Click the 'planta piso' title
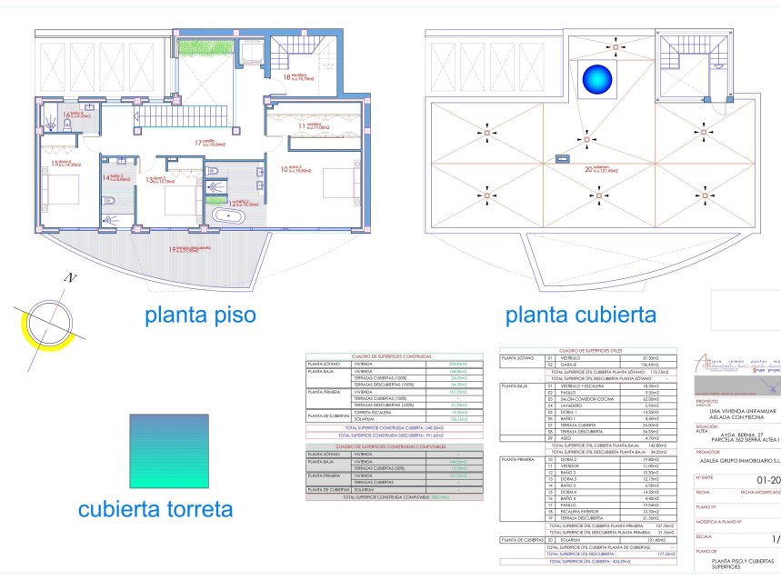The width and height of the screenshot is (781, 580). [199, 315]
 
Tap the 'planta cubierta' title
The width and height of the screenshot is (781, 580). [580, 315]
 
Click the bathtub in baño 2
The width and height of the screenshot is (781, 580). [222, 215]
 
